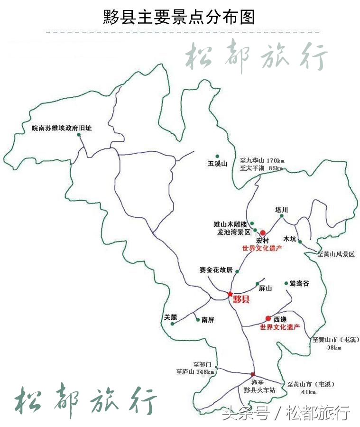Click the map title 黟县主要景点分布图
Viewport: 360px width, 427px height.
pos(179,17)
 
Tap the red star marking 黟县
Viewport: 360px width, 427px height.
pos(231,294)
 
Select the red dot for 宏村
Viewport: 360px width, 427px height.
pos(263,233)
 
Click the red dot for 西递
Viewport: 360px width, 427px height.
pos(268,318)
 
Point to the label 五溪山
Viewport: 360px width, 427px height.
pos(218,164)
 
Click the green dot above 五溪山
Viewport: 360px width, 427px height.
pos(217,156)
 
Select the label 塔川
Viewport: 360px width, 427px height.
pos(282,209)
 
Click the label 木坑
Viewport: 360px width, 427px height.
pos(289,239)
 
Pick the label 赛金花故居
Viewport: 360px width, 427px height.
pos(216,270)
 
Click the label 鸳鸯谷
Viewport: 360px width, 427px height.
pos(299,283)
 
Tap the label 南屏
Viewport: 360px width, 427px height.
pos(208,320)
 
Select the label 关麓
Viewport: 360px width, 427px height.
pos(170,317)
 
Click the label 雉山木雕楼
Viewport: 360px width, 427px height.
pos(231,223)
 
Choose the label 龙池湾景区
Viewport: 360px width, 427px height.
pos(233,232)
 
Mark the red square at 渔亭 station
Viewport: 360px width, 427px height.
pos(253,374)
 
